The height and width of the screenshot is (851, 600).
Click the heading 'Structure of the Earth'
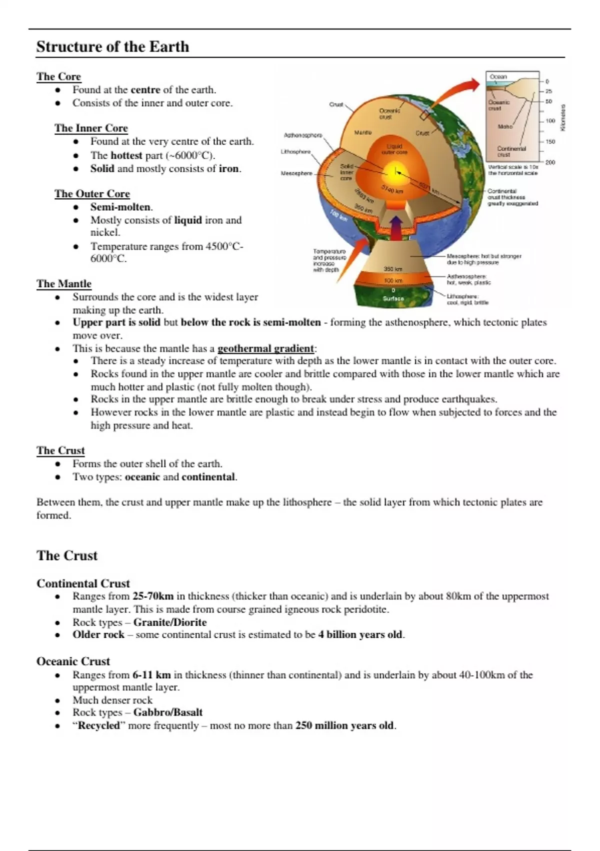[112, 47]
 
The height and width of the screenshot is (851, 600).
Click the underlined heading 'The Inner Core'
[91, 128]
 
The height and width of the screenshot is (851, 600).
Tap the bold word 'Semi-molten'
[120, 207]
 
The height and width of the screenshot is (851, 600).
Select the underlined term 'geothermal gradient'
[265, 349]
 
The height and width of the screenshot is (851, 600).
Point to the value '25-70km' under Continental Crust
[152, 596]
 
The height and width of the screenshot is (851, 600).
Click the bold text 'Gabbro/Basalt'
[167, 712]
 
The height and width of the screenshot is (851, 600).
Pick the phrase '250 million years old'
[344, 725]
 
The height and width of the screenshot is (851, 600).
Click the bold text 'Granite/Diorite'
[169, 622]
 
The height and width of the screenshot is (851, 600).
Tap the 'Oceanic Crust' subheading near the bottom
[73, 661]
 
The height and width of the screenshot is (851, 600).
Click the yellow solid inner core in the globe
[395, 173]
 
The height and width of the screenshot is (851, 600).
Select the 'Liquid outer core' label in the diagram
[394, 149]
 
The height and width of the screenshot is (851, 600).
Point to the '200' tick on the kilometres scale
[550, 162]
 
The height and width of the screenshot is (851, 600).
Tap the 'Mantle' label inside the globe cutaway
[363, 133]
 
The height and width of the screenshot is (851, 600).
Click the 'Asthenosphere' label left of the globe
[302, 135]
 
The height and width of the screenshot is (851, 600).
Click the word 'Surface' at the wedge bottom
[393, 298]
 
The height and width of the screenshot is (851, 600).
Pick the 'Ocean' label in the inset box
[498, 77]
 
